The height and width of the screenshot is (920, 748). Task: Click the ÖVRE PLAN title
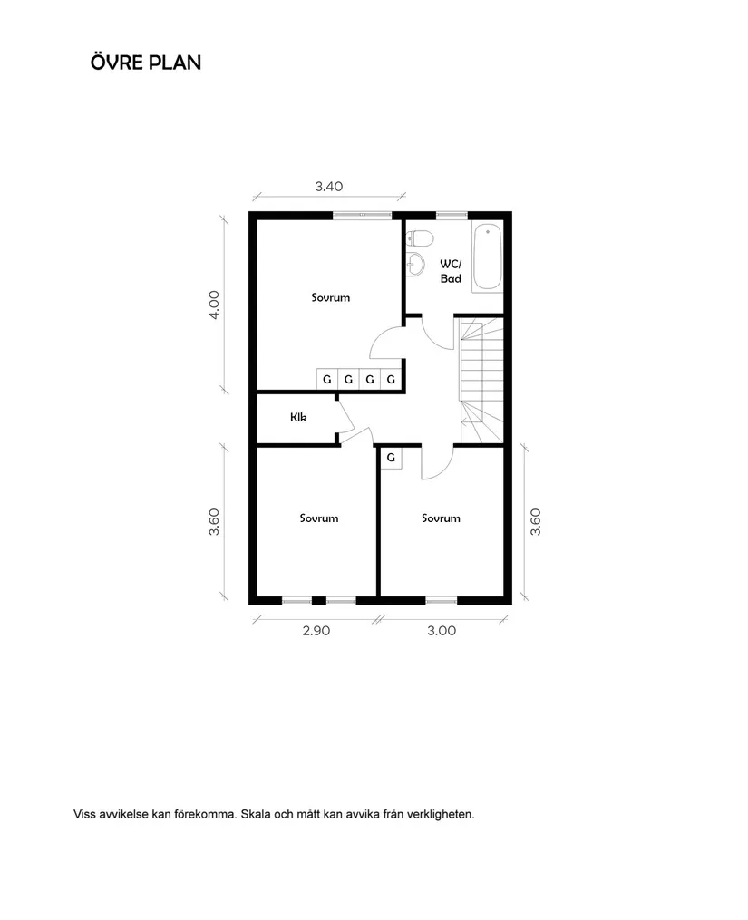coord(146,63)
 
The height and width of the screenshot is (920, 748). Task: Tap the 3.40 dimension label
coord(328,187)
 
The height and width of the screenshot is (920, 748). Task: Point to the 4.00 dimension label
coord(214,305)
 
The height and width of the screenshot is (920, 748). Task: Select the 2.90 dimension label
coord(316,631)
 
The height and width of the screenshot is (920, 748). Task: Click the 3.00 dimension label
coord(442,631)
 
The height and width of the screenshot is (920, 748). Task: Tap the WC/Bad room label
coord(451,271)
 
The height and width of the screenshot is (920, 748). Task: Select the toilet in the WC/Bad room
coord(420,238)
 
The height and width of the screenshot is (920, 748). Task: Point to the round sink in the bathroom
coord(416,264)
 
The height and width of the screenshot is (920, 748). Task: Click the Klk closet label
coord(298,418)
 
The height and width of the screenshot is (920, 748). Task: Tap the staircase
coord(481,381)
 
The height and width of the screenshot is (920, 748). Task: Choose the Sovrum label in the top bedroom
coord(330,297)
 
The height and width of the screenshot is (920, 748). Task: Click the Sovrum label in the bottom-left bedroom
coord(318,518)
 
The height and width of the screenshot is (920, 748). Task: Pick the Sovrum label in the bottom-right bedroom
coord(441,518)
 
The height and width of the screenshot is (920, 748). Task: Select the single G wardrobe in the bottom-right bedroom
coord(391,459)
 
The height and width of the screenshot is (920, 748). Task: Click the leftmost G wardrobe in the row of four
coord(326,380)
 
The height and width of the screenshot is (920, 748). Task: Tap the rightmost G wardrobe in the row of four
coord(391,380)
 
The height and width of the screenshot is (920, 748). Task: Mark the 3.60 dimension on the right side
coord(536,522)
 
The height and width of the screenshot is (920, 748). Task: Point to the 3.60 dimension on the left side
coord(214,522)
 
